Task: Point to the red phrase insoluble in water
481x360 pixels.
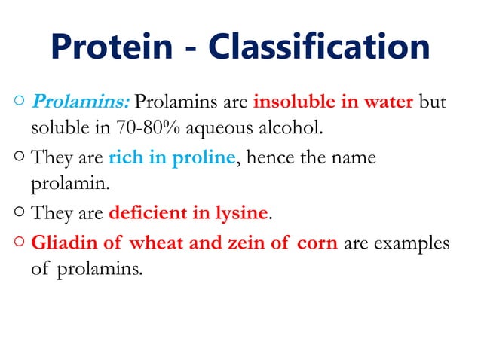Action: pos(333,101)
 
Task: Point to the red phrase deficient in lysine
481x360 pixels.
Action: pos(188,212)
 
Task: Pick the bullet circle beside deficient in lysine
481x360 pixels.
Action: pos(17,213)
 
